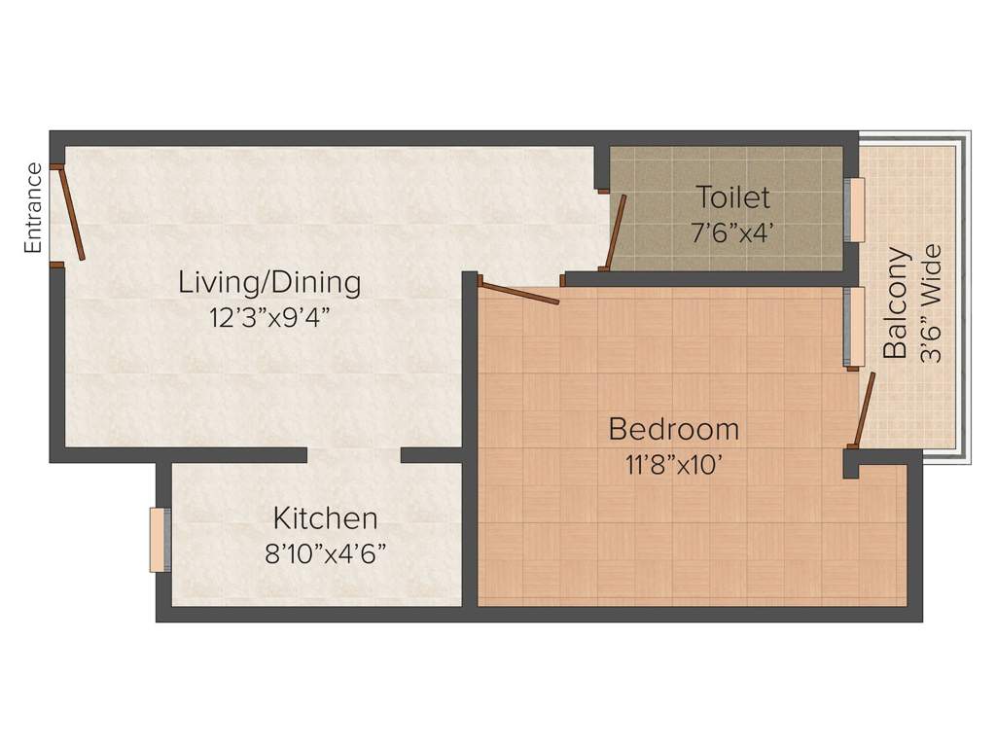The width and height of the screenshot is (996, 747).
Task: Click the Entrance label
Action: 32,208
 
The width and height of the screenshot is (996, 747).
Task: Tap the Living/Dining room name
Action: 269,283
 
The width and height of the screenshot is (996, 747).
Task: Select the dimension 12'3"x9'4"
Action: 271,317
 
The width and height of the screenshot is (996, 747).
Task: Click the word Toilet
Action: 733,196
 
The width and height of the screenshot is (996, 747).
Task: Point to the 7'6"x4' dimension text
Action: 732,233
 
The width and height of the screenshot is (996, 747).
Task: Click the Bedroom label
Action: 673,429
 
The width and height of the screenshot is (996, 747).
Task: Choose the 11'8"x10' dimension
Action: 674,465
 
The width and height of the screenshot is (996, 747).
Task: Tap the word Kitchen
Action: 325,518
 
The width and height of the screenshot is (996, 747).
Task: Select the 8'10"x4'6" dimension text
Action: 325,553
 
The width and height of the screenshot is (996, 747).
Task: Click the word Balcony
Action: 895,302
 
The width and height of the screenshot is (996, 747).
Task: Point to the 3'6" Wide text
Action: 931,303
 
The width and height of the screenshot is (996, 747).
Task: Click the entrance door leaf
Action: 72,214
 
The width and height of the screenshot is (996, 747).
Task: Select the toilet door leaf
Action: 616,232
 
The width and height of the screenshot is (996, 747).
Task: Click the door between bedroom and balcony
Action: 865,410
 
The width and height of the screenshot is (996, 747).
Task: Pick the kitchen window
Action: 160,540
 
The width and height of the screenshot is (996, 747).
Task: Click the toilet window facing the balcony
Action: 854,210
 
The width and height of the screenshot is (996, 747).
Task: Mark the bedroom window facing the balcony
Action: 854,328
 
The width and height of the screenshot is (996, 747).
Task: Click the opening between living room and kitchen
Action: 354,455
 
